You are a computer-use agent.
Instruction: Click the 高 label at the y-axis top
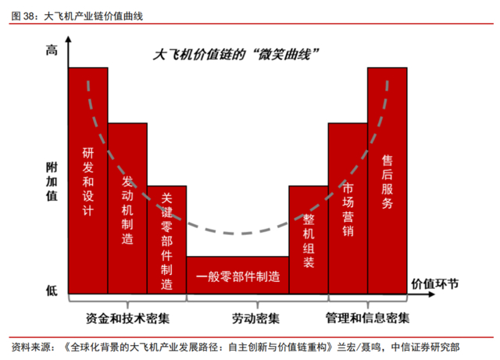[x=52, y=52]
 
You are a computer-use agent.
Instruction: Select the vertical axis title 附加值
[x=52, y=181]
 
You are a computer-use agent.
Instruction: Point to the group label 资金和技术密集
[x=127, y=319]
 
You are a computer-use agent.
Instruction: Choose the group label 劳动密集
[x=255, y=319]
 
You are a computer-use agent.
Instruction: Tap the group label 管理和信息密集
[x=367, y=319]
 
